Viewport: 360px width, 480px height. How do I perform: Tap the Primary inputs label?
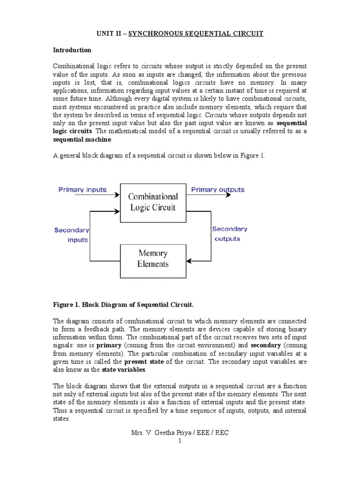tap(82, 190)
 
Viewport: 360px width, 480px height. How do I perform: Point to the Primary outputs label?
tap(217, 190)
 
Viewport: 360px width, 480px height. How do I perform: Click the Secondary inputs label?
tap(72, 235)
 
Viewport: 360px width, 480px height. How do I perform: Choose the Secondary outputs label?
tap(229, 234)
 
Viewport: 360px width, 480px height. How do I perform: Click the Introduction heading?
tap(72, 50)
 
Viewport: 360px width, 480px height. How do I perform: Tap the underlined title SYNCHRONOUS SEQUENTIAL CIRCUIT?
tap(196, 33)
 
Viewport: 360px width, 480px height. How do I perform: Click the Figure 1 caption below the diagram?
tap(123, 305)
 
